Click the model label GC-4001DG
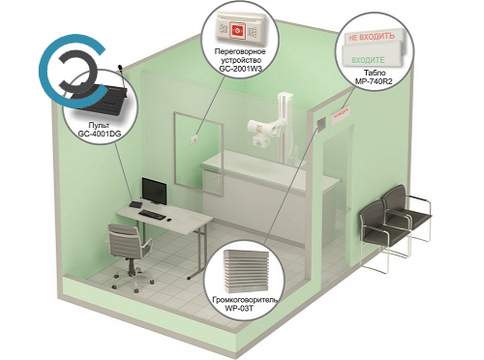pos(100,134)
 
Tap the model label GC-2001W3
pos(240,69)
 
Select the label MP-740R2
pos(374,81)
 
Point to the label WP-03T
pos(239,309)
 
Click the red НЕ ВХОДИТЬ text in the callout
pos(372,37)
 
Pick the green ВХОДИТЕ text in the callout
pos(368,60)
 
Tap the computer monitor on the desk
pos(154,191)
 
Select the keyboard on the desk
pos(152,215)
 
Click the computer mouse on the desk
pos(168,220)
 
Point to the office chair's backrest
pos(125,240)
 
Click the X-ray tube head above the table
pos(260,128)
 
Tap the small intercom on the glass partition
pos(195,139)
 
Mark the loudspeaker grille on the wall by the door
pos(320,124)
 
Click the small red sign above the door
pos(341,113)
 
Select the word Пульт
pos(99,125)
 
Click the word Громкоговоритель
pos(245,300)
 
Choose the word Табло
pos(375,73)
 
